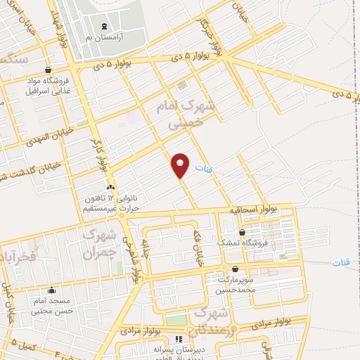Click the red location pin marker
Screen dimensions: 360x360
click(181, 165)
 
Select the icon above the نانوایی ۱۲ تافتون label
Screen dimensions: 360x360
click(110, 187)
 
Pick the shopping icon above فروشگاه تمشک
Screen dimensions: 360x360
click(242, 232)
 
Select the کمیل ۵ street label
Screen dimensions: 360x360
click(25, 348)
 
